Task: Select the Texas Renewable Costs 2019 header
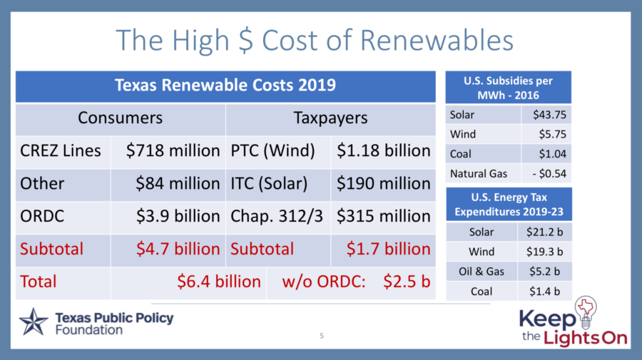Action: coord(225,86)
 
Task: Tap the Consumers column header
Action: coord(120,118)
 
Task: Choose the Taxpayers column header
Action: coord(330,118)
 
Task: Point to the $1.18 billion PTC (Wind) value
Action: coord(383,151)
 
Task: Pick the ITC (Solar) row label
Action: coord(269,184)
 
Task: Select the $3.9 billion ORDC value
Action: coord(178,216)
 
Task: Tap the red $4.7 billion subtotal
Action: coord(178,249)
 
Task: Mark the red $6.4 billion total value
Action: coord(219,282)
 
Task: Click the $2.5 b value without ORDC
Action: coord(407,282)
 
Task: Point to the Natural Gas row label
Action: coord(478,173)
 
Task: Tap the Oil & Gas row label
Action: coord(481,271)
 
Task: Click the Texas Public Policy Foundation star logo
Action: coord(33,322)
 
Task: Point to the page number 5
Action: coord(321,335)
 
